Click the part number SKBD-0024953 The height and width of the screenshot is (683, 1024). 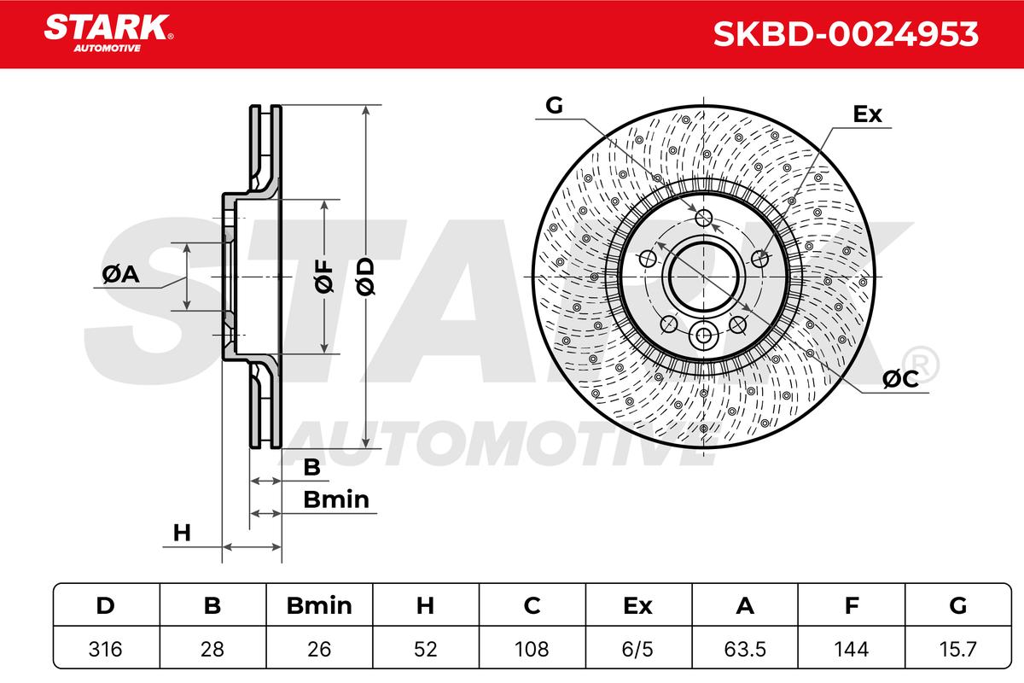coord(846,34)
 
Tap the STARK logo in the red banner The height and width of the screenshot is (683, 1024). coord(108,32)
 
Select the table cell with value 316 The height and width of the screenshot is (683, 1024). coord(106,649)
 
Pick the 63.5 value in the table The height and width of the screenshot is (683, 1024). coord(745,649)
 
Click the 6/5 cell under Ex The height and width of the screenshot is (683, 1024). coord(637,649)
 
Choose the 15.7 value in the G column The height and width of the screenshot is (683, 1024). coord(957,649)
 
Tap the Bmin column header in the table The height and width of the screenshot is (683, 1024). coord(319,605)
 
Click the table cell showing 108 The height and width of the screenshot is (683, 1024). coord(532,649)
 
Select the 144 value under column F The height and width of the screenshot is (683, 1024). coord(851,649)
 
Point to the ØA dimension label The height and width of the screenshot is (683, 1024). coord(120,274)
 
